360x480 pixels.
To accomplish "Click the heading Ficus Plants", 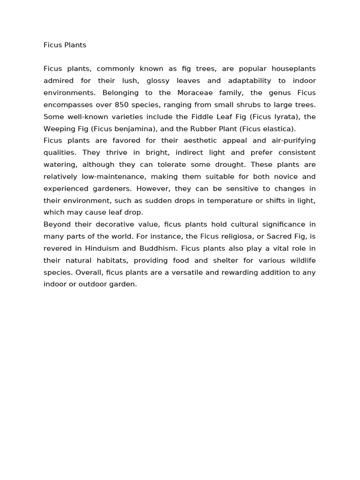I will point(65,45).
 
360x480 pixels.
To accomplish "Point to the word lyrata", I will point(287,117).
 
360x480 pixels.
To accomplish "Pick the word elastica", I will point(279,129).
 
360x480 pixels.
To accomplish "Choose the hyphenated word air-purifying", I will point(292,141).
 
